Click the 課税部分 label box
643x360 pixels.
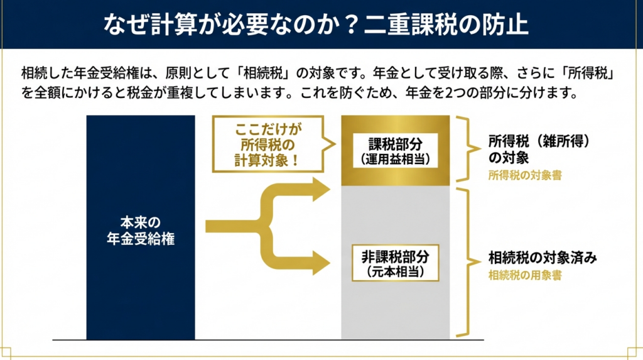click(x=395, y=151)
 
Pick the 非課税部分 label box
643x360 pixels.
click(x=395, y=263)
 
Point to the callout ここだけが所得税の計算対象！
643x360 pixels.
click(x=269, y=145)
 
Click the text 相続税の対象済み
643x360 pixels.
click(x=542, y=258)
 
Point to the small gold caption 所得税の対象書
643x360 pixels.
click(x=524, y=176)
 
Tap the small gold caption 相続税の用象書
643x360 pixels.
click(x=524, y=275)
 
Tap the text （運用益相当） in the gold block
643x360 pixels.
click(x=395, y=159)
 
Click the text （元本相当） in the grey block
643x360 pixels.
click(x=395, y=273)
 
